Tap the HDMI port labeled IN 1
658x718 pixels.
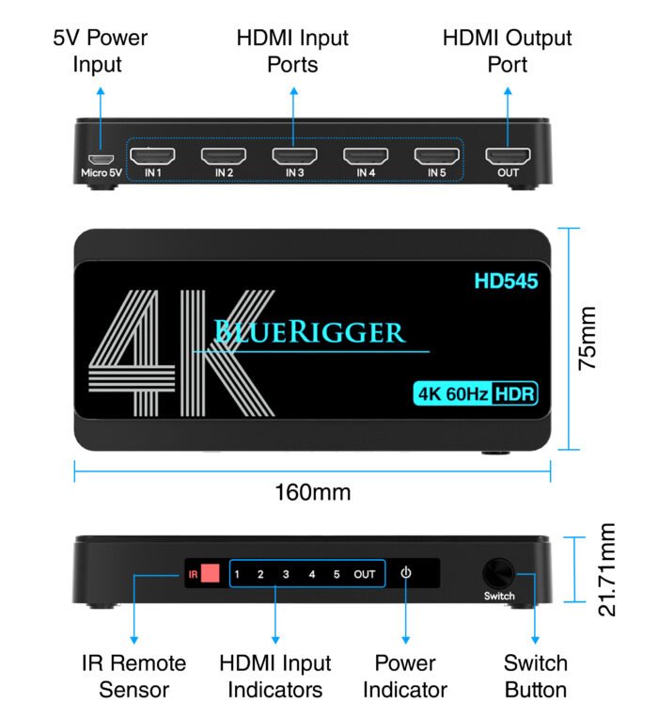click(151, 155)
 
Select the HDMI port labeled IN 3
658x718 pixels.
click(294, 155)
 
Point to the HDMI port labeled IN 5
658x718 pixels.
click(437, 155)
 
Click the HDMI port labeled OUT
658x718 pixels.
click(508, 155)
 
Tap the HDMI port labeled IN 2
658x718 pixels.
click(223, 155)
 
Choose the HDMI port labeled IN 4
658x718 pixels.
click(366, 155)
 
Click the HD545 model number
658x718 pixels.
click(507, 280)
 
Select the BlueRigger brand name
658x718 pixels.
click(309, 331)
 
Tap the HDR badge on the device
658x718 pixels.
click(515, 394)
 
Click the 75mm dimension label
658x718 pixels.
click(587, 338)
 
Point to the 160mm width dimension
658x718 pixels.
click(313, 492)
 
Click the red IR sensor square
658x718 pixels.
click(209, 573)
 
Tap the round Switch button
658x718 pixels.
click(499, 573)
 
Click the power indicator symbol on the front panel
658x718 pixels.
click(405, 573)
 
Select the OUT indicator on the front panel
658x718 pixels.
click(365, 574)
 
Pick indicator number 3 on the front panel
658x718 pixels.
click(286, 574)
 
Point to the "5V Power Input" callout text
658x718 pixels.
click(101, 52)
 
